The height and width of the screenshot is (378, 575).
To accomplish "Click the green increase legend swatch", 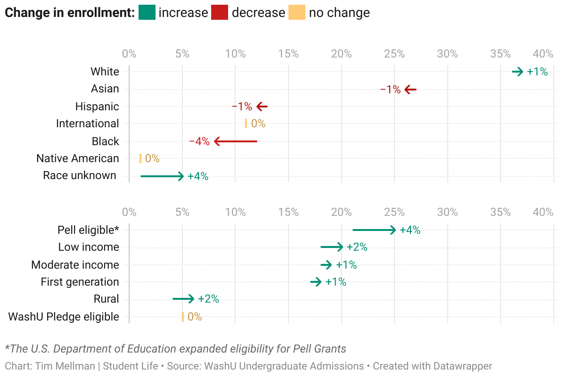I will [x=147, y=12].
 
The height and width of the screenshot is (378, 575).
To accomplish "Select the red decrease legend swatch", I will [x=220, y=12].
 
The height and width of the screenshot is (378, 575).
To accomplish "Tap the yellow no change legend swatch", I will [x=297, y=12].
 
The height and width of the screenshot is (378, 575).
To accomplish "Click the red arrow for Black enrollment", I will [x=236, y=141].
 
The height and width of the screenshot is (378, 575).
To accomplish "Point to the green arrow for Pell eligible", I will [x=374, y=230].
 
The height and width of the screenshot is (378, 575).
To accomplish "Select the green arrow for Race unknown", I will [x=162, y=176].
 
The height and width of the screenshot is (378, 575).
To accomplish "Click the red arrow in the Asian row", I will [x=411, y=89].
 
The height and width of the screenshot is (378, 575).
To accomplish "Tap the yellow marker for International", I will [x=246, y=123].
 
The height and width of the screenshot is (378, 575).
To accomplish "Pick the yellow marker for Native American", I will [x=140, y=158].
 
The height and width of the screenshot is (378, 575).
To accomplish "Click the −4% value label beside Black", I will [x=199, y=141].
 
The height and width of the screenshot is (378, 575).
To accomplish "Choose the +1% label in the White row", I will [x=537, y=72].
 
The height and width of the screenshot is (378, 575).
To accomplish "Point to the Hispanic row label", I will [x=97, y=107].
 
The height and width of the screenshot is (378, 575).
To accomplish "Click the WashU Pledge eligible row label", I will [x=64, y=317].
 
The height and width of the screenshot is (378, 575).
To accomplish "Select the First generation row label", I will [x=80, y=282].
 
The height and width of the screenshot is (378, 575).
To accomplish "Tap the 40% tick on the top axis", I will [x=543, y=54].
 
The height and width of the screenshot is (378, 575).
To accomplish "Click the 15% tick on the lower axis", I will [x=288, y=212].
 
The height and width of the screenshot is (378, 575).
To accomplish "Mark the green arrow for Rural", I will [x=183, y=299].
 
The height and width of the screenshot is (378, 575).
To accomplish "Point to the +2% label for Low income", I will [x=357, y=247].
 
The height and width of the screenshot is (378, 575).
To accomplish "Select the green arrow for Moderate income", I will [x=326, y=265].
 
